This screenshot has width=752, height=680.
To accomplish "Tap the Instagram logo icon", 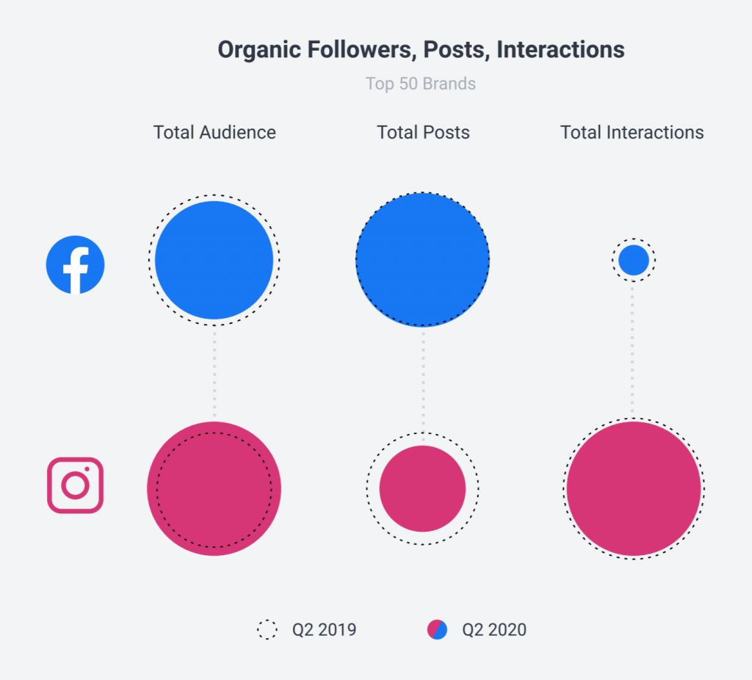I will [x=75, y=485].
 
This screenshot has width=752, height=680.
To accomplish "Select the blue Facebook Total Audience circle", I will [x=214, y=260].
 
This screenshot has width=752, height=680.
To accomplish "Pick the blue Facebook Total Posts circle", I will [x=422, y=260].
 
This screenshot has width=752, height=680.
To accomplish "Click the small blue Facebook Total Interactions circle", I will [x=633, y=260].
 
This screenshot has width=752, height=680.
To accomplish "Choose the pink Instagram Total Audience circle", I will [x=214, y=488].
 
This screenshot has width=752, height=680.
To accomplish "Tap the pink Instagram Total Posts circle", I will [x=422, y=488].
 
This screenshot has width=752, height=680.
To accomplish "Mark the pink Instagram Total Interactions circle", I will [x=633, y=488].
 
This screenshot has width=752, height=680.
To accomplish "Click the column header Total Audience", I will [x=214, y=132].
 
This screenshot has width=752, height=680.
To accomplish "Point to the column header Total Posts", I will [x=423, y=132].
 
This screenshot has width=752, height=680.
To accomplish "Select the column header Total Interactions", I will [x=632, y=132].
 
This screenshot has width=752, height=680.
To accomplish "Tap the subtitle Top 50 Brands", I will [x=421, y=84].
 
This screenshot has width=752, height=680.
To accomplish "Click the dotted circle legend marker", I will [x=267, y=629].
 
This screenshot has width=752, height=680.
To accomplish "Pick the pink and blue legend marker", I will [x=437, y=629].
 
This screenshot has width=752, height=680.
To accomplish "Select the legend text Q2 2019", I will [x=324, y=630].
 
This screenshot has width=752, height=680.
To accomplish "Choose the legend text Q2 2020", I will [x=494, y=630].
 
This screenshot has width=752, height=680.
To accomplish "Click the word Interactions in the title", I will [x=560, y=50].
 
